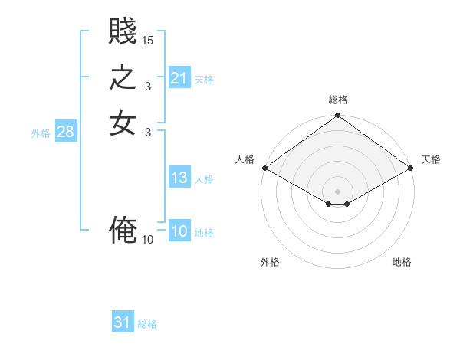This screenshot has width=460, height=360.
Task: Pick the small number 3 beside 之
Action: point(148,86)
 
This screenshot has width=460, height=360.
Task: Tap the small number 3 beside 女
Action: point(148,131)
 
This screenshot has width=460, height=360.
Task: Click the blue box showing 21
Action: point(179,78)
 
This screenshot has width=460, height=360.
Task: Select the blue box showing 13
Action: point(179,178)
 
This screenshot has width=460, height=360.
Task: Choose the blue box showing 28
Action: point(65,132)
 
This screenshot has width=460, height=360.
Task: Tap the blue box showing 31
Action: point(123,322)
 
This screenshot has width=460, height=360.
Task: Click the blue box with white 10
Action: point(179,232)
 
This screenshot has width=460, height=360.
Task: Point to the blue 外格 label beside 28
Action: point(41,133)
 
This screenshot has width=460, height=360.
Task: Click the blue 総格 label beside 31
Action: point(147,324)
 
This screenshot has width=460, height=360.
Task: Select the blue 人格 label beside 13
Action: point(204,179)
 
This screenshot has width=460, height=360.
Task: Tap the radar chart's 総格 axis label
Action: point(338,100)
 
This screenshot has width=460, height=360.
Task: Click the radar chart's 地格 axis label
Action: point(402,262)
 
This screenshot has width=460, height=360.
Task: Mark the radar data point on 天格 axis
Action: point(412,168)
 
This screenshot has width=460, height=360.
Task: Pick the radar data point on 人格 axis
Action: point(264,168)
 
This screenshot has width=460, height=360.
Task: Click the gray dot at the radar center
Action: point(338,191)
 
